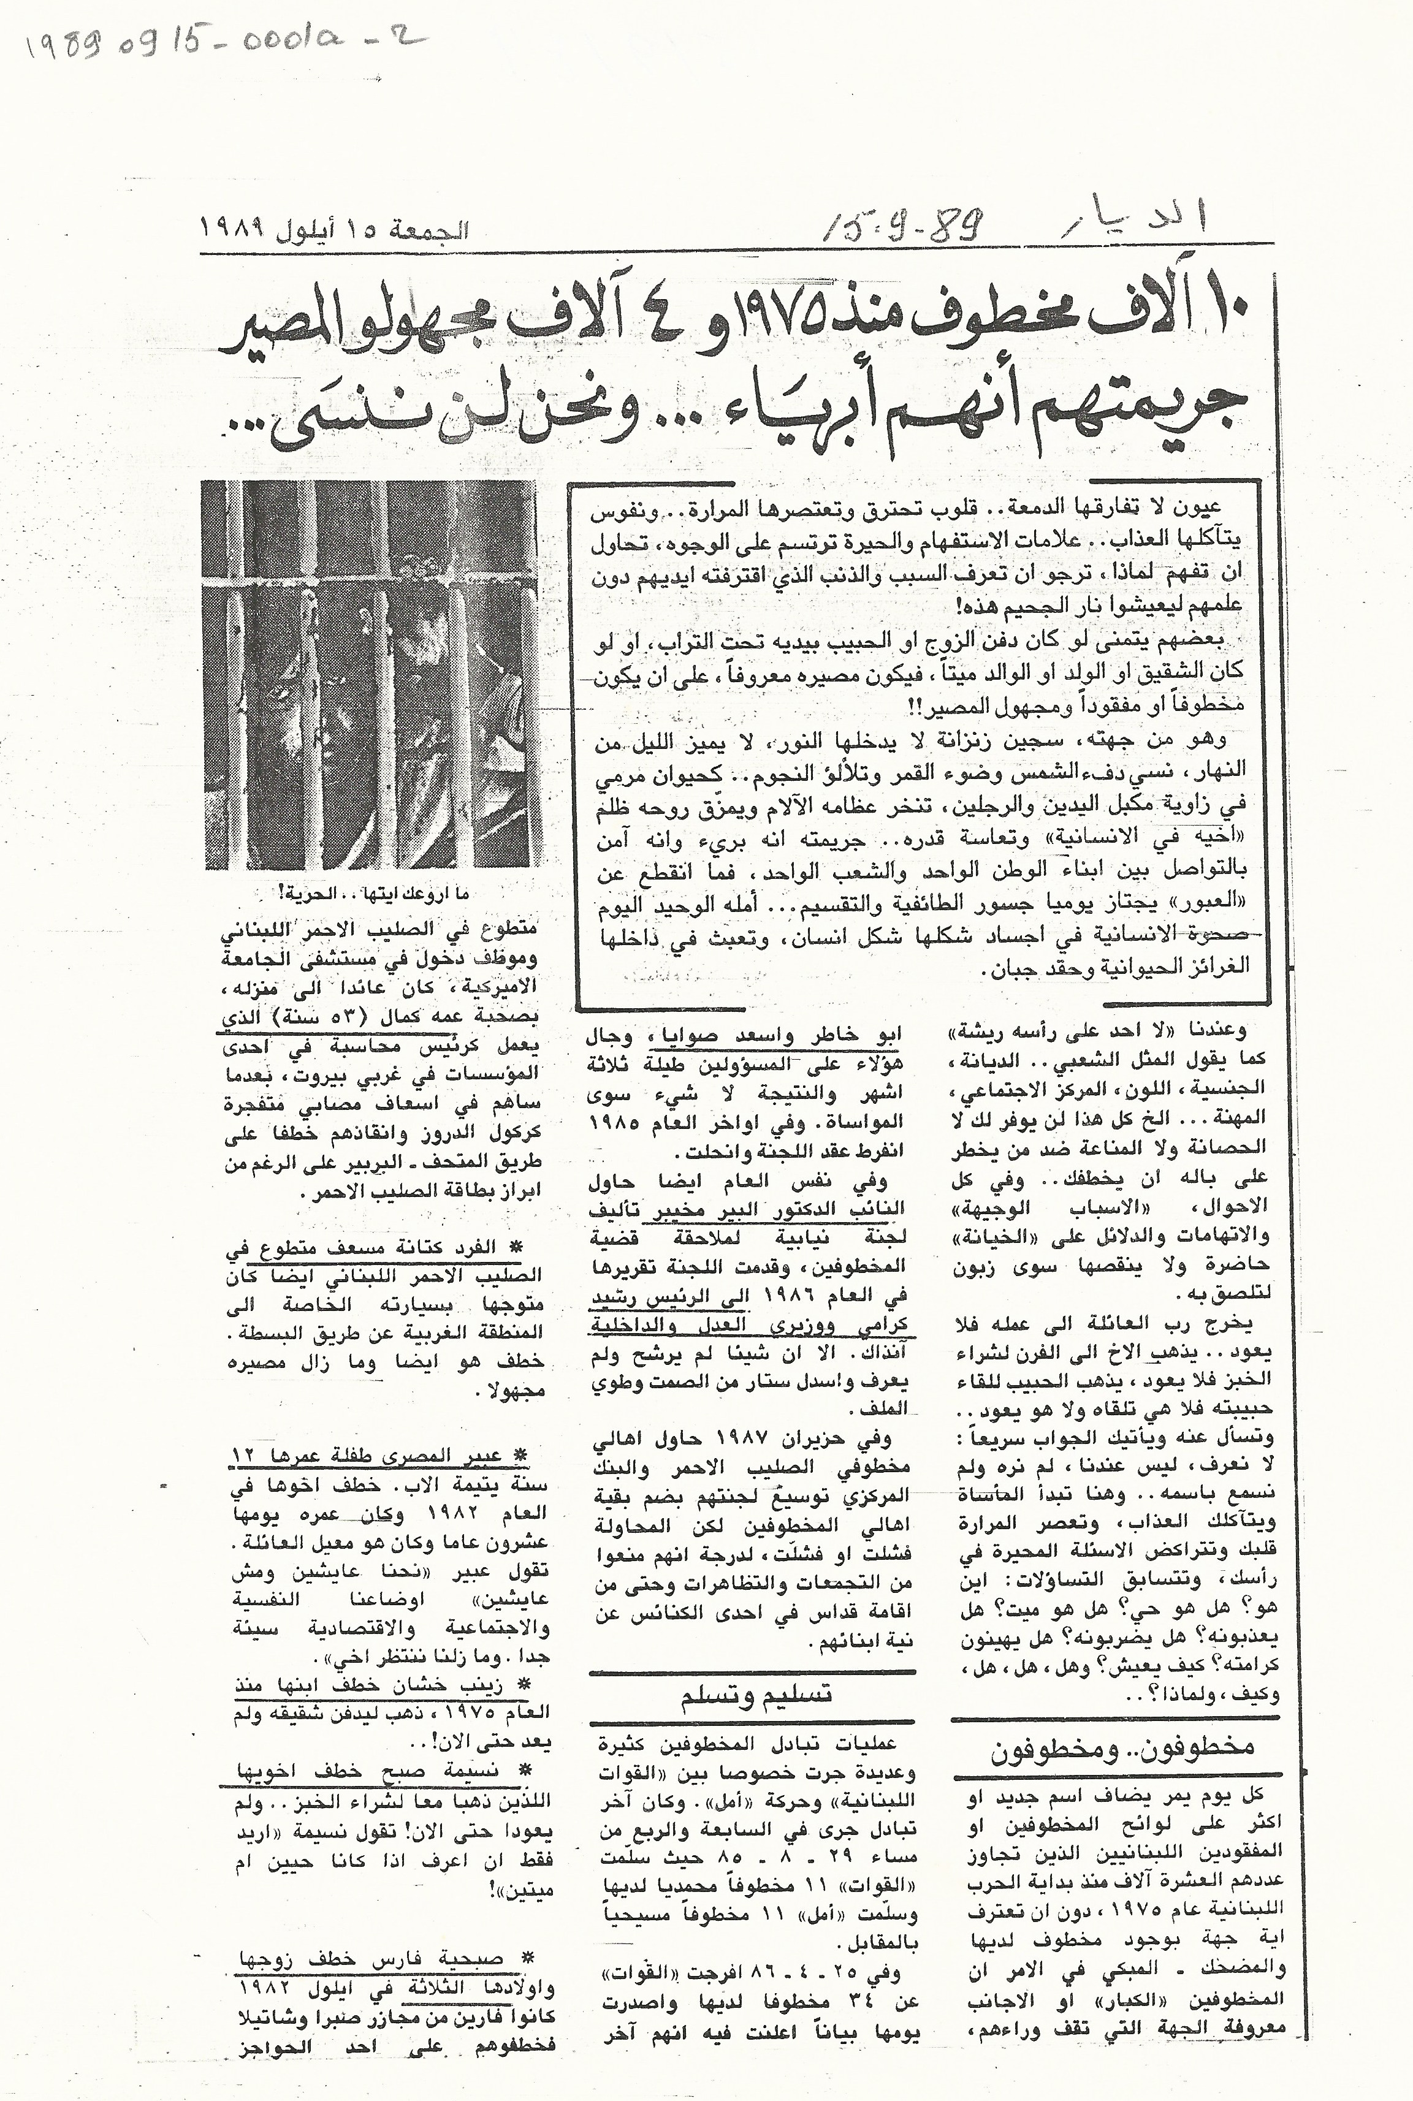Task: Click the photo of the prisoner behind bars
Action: pyautogui.click(x=371, y=675)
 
